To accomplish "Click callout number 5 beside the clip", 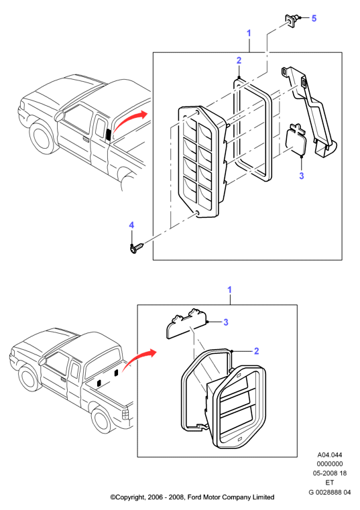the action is (314, 18).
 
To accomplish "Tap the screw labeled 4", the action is (136, 248).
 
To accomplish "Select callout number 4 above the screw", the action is (131, 225).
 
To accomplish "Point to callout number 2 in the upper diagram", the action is (239, 60).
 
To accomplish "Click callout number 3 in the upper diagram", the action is (302, 176).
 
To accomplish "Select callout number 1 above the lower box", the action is (229, 290).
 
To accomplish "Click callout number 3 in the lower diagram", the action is (226, 322).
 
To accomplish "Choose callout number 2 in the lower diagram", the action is (257, 351).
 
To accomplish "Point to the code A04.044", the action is (329, 455).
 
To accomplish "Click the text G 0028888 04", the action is (329, 492).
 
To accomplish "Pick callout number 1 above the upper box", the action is (249, 34).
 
